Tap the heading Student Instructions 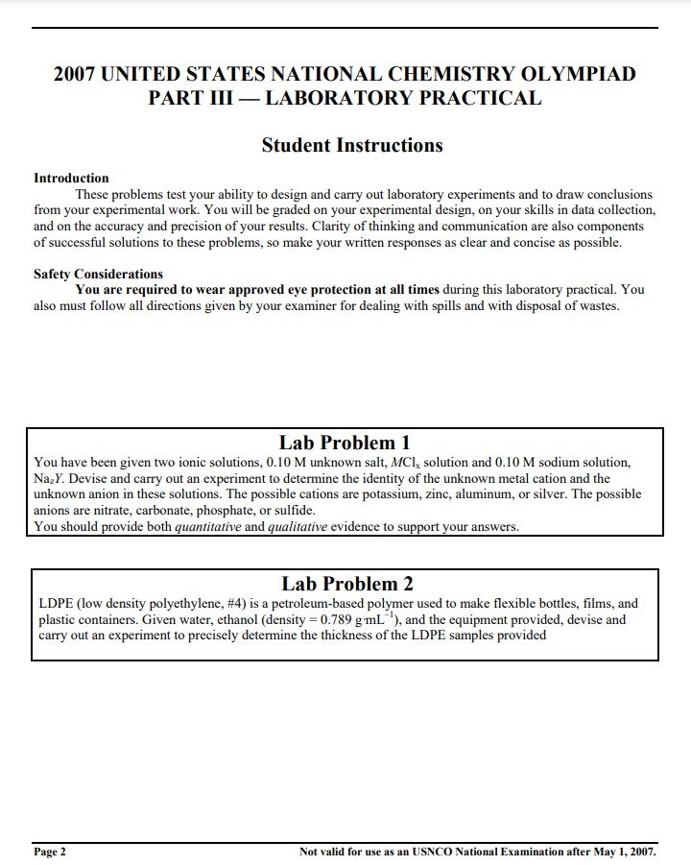(x=352, y=145)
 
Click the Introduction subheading (x=71, y=179)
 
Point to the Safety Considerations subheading (x=98, y=275)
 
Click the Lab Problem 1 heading (x=345, y=443)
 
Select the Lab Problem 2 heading (x=346, y=584)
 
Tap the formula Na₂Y (x=47, y=479)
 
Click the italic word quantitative (x=208, y=527)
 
